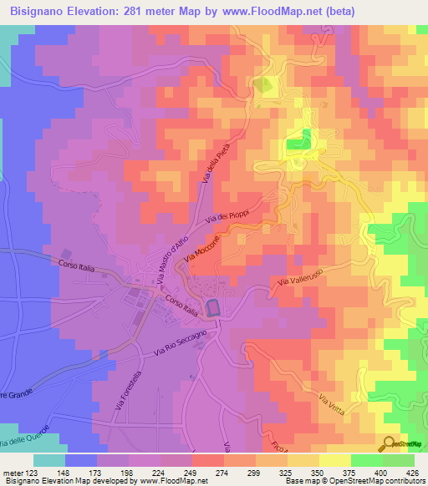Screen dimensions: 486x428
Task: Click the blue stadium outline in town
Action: (x=213, y=308)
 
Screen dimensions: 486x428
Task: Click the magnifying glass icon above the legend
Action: (x=390, y=445)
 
